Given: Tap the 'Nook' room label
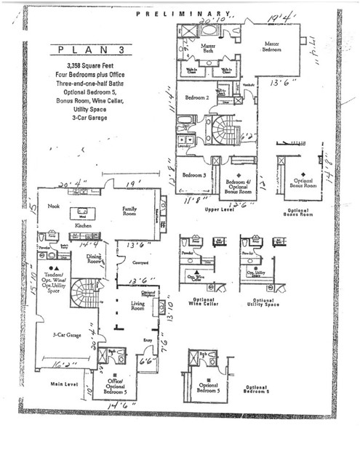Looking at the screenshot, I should pyautogui.click(x=53, y=207).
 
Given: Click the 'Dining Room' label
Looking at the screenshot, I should pyautogui.click(x=95, y=259).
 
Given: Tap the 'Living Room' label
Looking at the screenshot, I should pyautogui.click(x=138, y=307).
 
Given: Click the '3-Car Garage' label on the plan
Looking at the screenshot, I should pyautogui.click(x=66, y=335).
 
